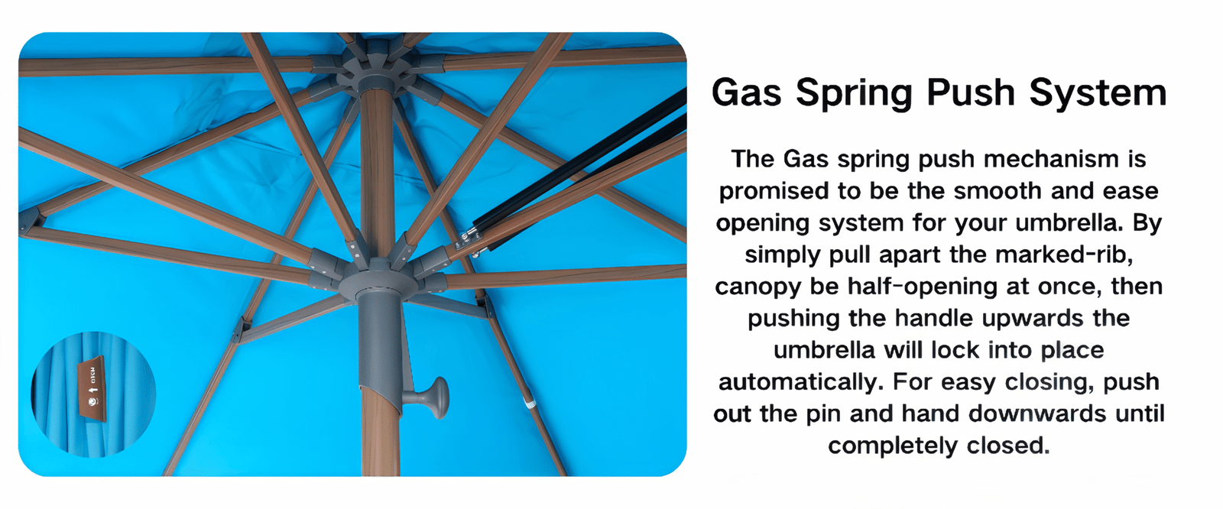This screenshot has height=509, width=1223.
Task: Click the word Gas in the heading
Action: pyautogui.click(x=746, y=92)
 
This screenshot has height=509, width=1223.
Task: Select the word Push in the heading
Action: pyautogui.click(x=970, y=92)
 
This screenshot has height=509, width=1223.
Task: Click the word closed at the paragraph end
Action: pyautogui.click(x=1008, y=446)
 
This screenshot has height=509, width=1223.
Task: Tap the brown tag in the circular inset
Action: pyautogui.click(x=91, y=390)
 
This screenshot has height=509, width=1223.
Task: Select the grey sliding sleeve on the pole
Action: pyautogui.click(x=381, y=339)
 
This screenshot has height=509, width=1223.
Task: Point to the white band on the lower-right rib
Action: pyautogui.click(x=528, y=404)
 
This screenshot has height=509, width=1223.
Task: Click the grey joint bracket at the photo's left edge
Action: pyautogui.click(x=31, y=222)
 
